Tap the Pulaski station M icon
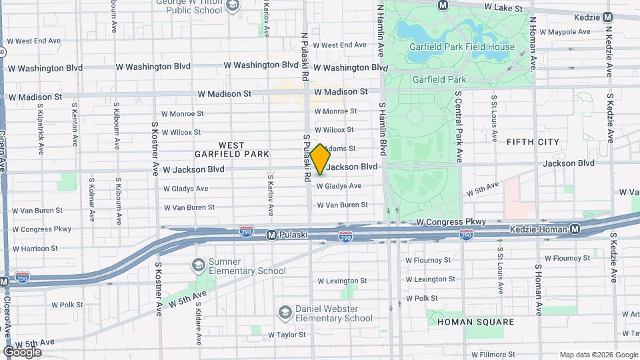point(271,235)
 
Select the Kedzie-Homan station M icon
point(575,229)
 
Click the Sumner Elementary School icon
point(198,265)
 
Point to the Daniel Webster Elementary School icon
point(285,313)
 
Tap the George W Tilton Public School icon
point(233,6)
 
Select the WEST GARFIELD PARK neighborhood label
point(231,149)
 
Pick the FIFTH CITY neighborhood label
point(533,142)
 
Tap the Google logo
point(22,351)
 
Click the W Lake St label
point(505,7)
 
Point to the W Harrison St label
point(31,248)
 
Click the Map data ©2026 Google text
point(599,355)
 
